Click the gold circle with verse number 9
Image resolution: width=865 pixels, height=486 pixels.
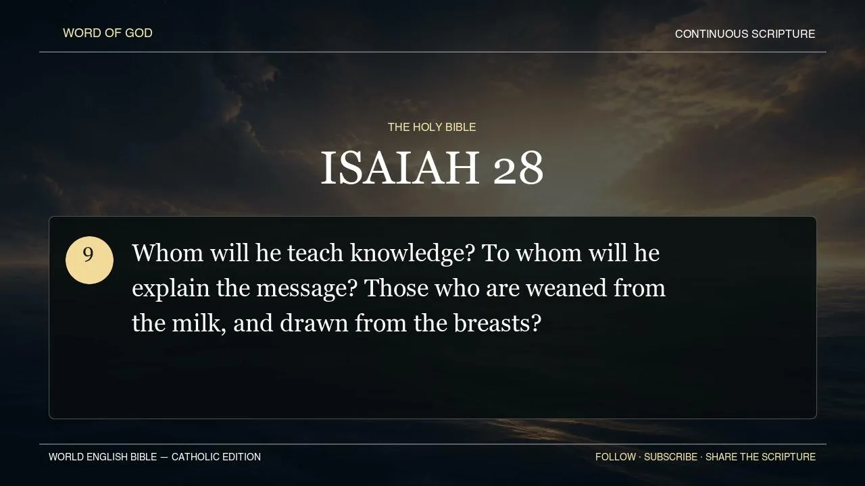pos(89,260)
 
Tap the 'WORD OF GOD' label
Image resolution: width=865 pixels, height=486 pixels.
pos(107,33)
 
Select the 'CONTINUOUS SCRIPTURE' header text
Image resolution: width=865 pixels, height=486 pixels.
pos(745,34)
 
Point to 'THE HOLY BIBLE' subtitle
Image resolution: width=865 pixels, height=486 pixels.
pos(432,128)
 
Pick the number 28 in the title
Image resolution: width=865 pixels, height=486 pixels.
pos(518,169)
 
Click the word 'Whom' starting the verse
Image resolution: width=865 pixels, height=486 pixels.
pos(168,253)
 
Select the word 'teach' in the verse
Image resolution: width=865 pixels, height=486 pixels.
pos(315,253)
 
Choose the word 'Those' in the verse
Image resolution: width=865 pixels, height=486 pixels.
pos(396,288)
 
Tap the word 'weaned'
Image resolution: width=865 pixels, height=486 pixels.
pos(566,288)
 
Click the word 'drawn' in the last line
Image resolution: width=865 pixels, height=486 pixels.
pos(314,323)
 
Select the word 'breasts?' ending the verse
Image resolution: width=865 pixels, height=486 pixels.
pos(497,323)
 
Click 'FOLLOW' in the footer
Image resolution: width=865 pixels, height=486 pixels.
pos(616,457)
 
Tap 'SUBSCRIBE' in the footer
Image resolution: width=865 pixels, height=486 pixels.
pos(671,457)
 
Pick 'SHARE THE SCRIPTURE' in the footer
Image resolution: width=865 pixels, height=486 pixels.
pos(761,457)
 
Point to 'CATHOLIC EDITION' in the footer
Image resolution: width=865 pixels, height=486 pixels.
pos(216,457)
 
